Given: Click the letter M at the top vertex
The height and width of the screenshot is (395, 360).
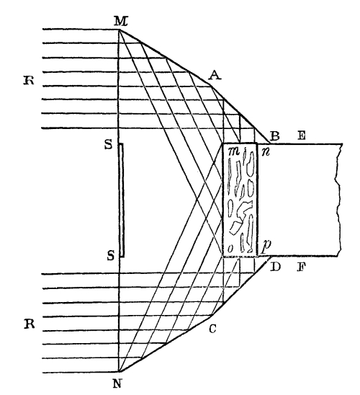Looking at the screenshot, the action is [x=120, y=21].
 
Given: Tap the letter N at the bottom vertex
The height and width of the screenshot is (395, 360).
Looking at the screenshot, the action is [x=117, y=384].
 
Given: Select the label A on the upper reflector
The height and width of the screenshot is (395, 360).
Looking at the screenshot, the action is [x=215, y=75].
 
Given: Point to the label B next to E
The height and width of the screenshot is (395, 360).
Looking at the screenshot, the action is [x=274, y=136].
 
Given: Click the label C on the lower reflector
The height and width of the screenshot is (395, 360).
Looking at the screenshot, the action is [x=212, y=329].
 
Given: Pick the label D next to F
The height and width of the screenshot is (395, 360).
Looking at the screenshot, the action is [x=275, y=267].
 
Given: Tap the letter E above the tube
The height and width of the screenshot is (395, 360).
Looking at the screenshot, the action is [x=301, y=136].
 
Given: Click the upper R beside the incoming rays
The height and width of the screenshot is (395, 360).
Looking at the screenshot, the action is [x=29, y=81].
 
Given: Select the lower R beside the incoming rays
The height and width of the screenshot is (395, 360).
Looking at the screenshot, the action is [x=30, y=324].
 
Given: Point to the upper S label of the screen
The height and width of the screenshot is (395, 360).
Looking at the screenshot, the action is [x=109, y=145].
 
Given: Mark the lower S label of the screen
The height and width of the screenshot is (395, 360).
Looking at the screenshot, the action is [x=111, y=256].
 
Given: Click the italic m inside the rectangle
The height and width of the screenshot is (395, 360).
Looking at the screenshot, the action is [x=234, y=151].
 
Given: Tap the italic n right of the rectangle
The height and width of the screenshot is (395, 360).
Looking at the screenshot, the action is [x=266, y=152].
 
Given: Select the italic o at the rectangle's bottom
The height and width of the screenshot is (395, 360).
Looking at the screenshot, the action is [x=230, y=249].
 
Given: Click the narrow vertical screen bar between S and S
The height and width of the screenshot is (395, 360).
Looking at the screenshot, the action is [x=121, y=200].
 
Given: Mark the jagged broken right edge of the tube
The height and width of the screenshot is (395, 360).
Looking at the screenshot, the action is [x=338, y=200].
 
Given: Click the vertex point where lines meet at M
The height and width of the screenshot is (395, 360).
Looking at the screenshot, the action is [x=120, y=30].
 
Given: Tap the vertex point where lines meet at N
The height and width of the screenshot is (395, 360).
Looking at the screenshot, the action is [x=120, y=372].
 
